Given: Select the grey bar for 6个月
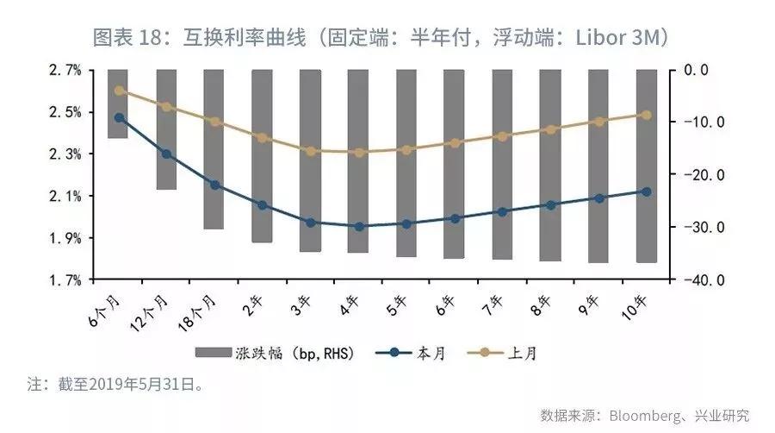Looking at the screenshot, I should [x=118, y=104].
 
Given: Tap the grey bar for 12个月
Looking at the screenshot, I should [x=166, y=129].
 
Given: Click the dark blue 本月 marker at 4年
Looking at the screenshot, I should [x=358, y=226].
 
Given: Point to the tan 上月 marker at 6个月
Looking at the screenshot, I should [x=119, y=91].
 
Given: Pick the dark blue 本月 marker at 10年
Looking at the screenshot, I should [x=646, y=191].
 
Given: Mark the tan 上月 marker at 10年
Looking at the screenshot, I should [x=646, y=115].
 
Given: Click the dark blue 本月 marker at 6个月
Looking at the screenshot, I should [x=119, y=117].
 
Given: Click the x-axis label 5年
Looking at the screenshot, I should [x=400, y=302].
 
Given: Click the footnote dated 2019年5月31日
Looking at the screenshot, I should [x=115, y=384].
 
